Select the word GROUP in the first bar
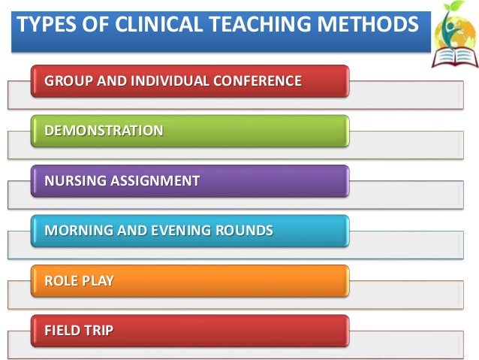click(66, 80)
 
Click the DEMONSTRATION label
click(104, 131)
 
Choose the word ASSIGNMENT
click(154, 180)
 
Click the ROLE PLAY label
click(80, 280)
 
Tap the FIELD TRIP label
click(79, 330)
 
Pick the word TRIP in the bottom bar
click(98, 330)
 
